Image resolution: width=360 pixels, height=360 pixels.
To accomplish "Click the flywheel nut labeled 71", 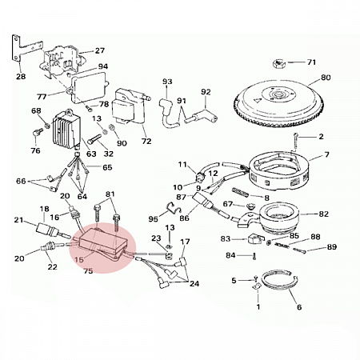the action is pyautogui.click(x=279, y=64).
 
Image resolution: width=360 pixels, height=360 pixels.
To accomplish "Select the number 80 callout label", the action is pyautogui.click(x=326, y=78).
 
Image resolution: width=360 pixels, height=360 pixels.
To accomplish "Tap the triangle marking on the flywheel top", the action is pyautogui.click(x=258, y=101).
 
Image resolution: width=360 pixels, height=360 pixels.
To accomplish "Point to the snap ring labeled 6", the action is pyautogui.click(x=280, y=282).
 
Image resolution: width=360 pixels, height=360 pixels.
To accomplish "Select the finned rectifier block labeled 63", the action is pyautogui.click(x=66, y=128).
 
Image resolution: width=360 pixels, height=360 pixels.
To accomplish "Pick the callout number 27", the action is pyautogui.click(x=100, y=50).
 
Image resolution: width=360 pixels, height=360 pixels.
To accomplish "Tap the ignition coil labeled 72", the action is pyautogui.click(x=130, y=106).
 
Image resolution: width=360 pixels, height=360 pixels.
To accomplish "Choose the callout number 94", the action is pyautogui.click(x=102, y=66).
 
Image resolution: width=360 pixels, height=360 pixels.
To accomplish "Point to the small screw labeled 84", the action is pyautogui.click(x=254, y=256).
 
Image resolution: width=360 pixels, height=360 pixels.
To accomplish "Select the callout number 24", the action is pyautogui.click(x=194, y=283).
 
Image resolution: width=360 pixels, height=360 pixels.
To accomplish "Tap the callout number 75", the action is pyautogui.click(x=88, y=270).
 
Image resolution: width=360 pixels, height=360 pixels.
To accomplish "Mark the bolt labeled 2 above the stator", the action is pyautogui.click(x=295, y=141).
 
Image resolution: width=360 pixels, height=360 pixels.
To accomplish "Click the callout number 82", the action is pyautogui.click(x=323, y=214).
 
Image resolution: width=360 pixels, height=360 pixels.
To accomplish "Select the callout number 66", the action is pyautogui.click(x=21, y=182).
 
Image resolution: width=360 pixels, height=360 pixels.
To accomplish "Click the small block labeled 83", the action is pyautogui.click(x=254, y=238).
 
